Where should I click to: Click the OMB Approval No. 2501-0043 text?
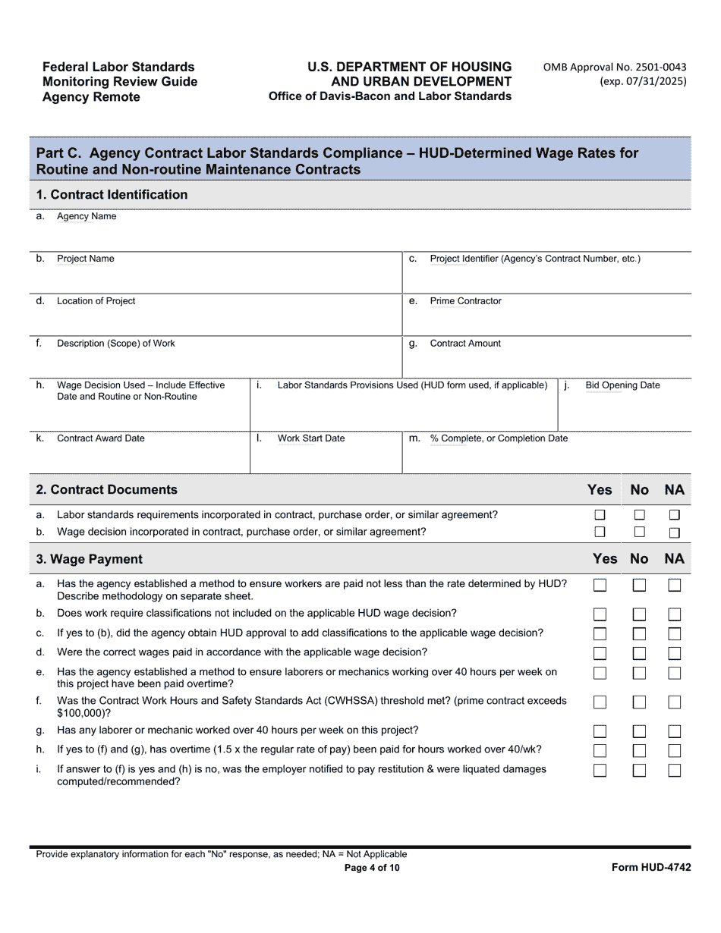click(x=615, y=67)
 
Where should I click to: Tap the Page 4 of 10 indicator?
click(x=372, y=868)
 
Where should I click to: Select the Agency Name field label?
click(x=87, y=217)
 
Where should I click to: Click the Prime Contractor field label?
click(x=465, y=301)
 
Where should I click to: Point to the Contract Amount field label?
click(x=465, y=344)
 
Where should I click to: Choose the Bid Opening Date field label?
click(x=622, y=385)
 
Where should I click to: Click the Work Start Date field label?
click(x=310, y=438)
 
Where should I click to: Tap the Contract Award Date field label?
click(x=101, y=438)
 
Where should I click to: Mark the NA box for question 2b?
click(x=674, y=532)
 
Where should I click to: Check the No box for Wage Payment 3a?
click(x=639, y=585)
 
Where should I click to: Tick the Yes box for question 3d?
click(x=600, y=653)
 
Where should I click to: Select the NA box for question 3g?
click(x=674, y=732)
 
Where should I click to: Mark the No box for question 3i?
click(x=639, y=771)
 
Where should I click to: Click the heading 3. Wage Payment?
click(x=90, y=559)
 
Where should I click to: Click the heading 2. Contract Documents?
click(x=107, y=490)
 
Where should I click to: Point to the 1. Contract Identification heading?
click(x=112, y=195)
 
